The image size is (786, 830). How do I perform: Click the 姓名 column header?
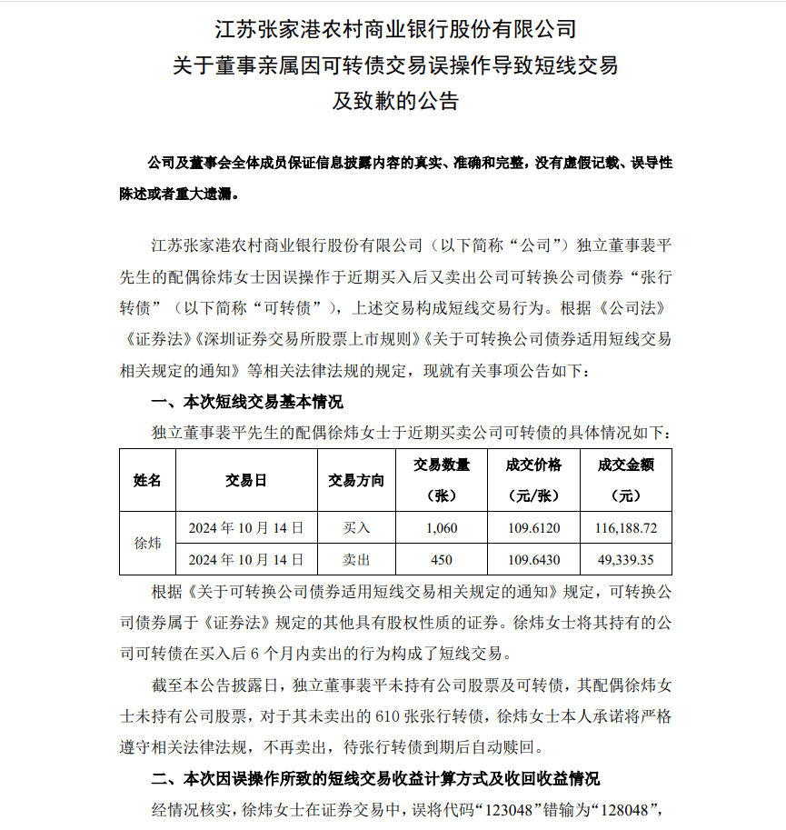tap(147, 480)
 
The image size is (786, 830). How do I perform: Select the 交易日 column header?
tap(246, 480)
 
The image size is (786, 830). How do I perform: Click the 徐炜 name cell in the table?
tap(147, 543)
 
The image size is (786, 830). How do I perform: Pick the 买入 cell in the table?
tap(356, 527)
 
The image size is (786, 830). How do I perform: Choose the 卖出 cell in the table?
tap(356, 559)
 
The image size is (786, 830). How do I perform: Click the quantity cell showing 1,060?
tap(442, 527)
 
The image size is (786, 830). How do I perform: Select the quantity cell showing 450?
tap(442, 559)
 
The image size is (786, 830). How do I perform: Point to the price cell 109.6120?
tap(533, 527)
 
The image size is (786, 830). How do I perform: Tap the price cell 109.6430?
tap(533, 559)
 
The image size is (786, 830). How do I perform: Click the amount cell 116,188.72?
tap(626, 527)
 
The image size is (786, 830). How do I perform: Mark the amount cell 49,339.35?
tap(626, 559)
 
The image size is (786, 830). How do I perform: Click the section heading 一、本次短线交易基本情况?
tap(245, 402)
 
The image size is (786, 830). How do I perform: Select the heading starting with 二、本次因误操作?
tap(375, 779)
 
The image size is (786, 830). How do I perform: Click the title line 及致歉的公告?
tap(394, 101)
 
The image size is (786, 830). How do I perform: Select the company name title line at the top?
tap(394, 29)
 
